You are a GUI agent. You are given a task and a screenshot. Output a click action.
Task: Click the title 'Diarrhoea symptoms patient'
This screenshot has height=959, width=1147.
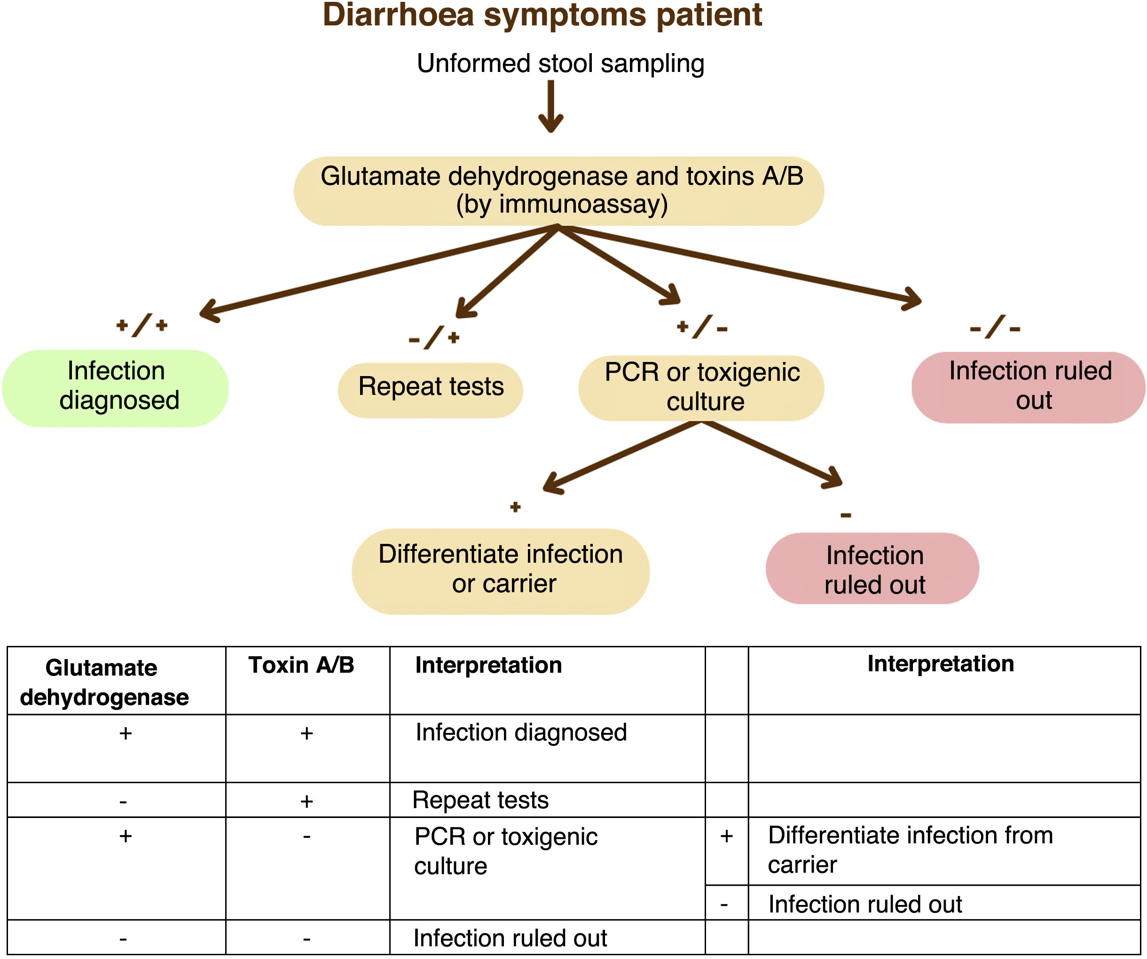[x=542, y=16]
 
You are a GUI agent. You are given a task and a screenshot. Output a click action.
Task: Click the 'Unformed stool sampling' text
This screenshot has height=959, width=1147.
[x=560, y=64]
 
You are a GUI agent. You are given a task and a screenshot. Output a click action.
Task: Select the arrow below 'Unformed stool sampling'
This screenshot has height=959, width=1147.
[x=550, y=107]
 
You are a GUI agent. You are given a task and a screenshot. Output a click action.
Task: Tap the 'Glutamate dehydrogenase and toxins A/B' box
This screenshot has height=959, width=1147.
[x=559, y=191]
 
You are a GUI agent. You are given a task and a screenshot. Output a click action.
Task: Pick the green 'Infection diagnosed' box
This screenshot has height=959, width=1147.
[x=115, y=388]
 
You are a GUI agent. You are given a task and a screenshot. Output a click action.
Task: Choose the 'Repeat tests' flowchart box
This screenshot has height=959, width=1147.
[x=431, y=390]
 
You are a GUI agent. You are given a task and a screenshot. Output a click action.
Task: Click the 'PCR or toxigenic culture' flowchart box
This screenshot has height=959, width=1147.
[x=701, y=388]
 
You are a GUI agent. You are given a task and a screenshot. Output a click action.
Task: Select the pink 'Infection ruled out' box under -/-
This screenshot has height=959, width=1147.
[x=1029, y=387]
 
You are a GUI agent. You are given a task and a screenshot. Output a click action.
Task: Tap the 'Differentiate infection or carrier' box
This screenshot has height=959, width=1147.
[x=501, y=571]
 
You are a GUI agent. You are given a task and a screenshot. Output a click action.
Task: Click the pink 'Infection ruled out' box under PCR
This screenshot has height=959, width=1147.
[x=872, y=568]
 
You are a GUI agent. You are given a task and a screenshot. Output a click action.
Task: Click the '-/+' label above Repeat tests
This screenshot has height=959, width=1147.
[x=434, y=338]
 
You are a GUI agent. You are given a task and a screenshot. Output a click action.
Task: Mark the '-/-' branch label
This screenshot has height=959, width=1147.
[x=995, y=327]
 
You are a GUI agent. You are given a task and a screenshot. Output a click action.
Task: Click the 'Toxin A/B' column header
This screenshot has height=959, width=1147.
[x=301, y=665]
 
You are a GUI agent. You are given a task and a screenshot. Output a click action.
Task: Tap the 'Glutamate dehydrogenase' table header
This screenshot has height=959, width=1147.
[x=104, y=683]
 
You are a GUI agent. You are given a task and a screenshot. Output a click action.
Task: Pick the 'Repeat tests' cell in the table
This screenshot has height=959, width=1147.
[x=480, y=800]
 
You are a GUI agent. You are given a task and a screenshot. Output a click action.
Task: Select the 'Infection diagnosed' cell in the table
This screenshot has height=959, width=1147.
[x=521, y=733]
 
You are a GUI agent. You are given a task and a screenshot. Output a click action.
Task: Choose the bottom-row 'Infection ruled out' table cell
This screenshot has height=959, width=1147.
[x=510, y=938]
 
